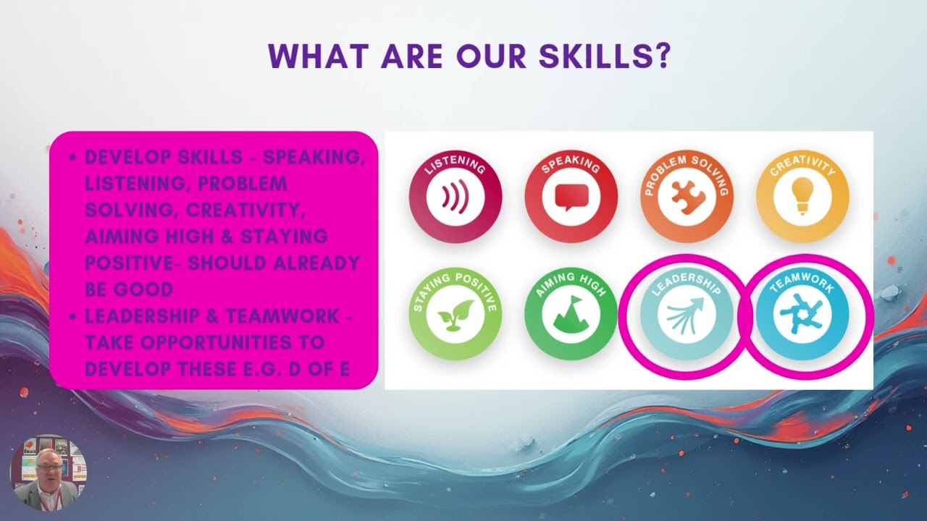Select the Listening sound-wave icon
(455, 198)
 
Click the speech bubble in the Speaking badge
(571, 198)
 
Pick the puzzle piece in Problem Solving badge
(686, 198)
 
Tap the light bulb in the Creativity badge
(802, 196)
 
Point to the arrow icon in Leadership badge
(685, 315)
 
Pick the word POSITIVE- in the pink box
(133, 263)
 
